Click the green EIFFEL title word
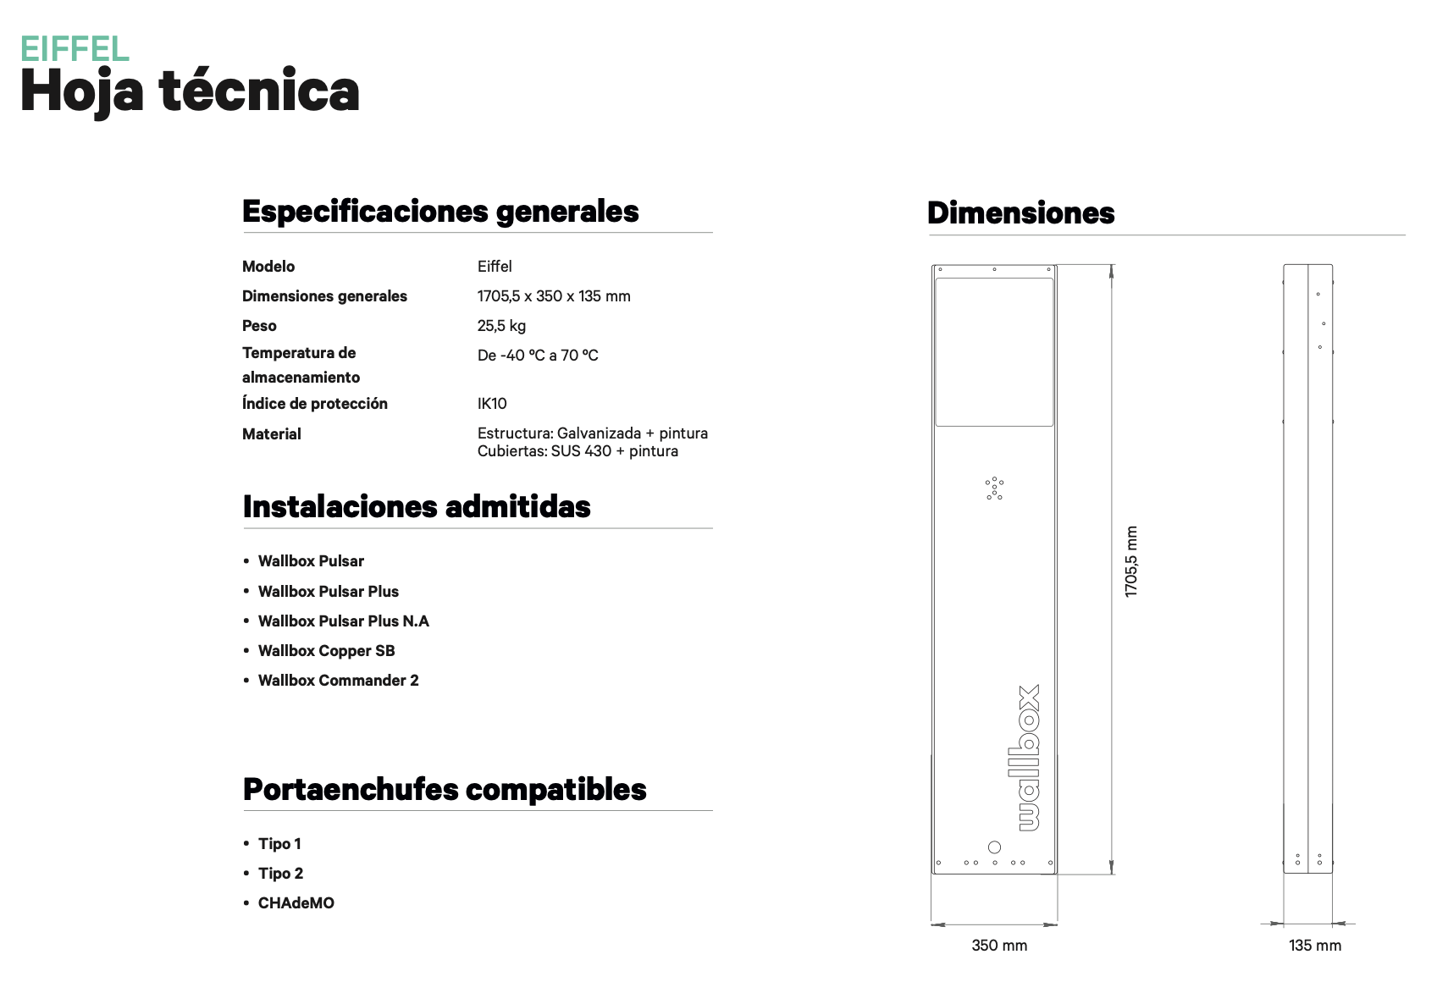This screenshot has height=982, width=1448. (x=75, y=49)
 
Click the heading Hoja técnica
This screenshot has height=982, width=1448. (x=190, y=91)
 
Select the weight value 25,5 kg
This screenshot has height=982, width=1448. (x=501, y=326)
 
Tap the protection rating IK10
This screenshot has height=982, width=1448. (x=492, y=404)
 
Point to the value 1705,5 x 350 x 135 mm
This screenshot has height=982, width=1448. (x=554, y=296)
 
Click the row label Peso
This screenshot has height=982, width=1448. (x=259, y=326)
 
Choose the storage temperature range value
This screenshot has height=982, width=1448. (x=538, y=356)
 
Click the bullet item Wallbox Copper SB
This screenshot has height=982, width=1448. (x=326, y=651)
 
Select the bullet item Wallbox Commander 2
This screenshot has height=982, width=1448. (x=338, y=681)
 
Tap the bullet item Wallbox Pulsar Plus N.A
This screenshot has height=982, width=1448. (x=343, y=621)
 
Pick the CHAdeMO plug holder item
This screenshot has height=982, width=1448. (x=296, y=903)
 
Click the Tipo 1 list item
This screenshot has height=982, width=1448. (x=279, y=844)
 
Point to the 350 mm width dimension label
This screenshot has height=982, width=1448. (x=999, y=946)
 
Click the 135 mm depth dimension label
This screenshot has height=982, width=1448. (x=1315, y=946)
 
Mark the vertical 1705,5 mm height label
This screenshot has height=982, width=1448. (x=1131, y=562)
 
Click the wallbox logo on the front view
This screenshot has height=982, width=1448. (x=1027, y=758)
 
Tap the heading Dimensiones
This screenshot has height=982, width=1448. (x=1020, y=213)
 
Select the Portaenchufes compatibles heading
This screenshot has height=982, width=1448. (x=445, y=789)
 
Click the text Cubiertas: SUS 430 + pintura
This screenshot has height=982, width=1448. (x=578, y=451)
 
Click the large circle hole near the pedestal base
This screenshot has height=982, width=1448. (x=995, y=847)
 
